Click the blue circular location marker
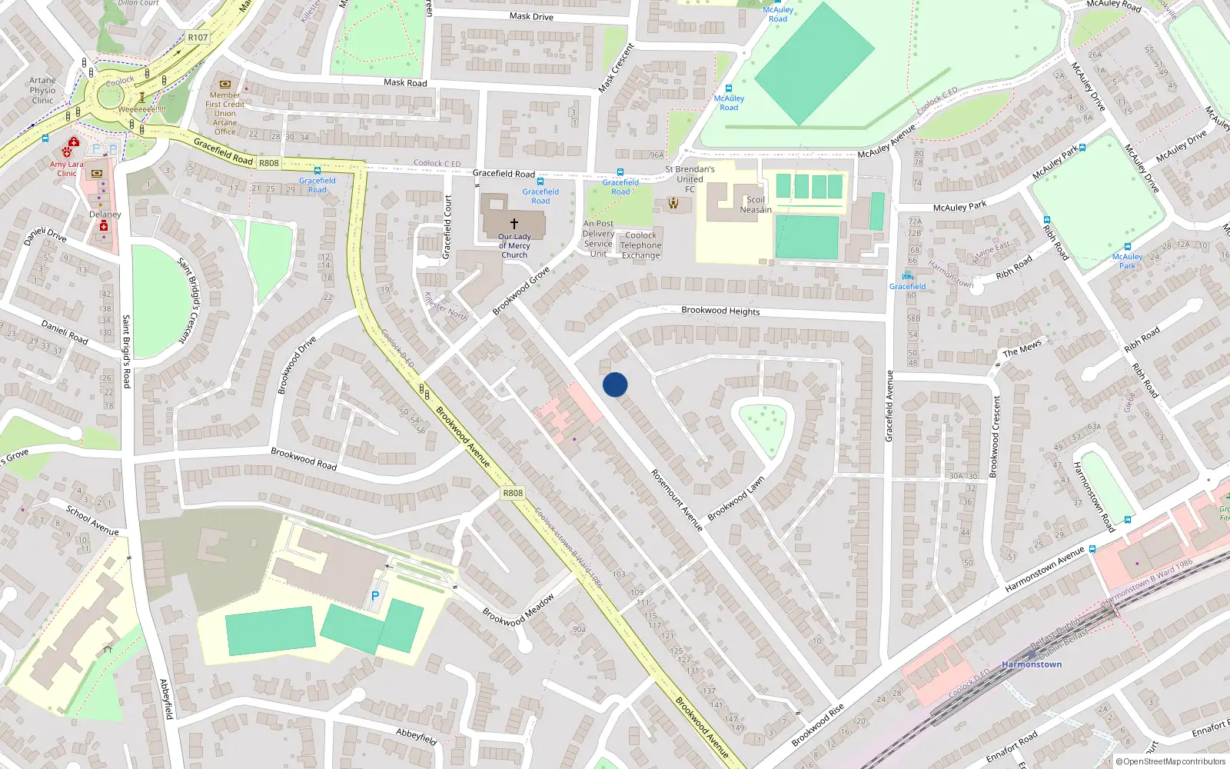pyautogui.click(x=615, y=384)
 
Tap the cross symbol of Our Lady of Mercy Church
pyautogui.click(x=514, y=224)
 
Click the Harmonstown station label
pyautogui.click(x=1032, y=664)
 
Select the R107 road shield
pyautogui.click(x=198, y=38)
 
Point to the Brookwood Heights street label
pyautogui.click(x=720, y=311)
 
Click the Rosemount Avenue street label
pyautogui.click(x=676, y=500)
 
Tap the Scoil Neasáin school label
pyautogui.click(x=756, y=205)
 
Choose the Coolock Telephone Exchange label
pyautogui.click(x=641, y=245)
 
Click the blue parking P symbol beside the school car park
pyautogui.click(x=375, y=596)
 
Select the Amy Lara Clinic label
pyautogui.click(x=67, y=168)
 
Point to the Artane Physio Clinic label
pyautogui.click(x=43, y=90)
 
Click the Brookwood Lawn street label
pyautogui.click(x=736, y=498)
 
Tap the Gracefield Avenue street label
pyautogui.click(x=889, y=406)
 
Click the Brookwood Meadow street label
pyautogui.click(x=518, y=611)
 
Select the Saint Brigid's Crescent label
pyautogui.click(x=188, y=300)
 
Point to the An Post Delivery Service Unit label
pyautogui.click(x=598, y=238)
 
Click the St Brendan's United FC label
pyautogui.click(x=690, y=178)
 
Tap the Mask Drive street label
pyautogui.click(x=531, y=16)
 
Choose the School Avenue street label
pyautogui.click(x=92, y=520)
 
